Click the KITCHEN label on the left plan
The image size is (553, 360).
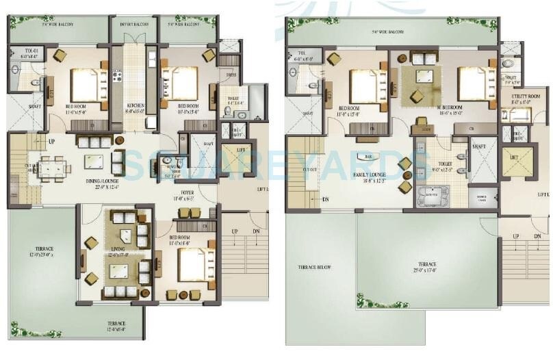(x=134, y=105)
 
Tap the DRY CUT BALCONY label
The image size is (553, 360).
(x=134, y=24)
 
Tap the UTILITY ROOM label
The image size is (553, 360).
(x=525, y=98)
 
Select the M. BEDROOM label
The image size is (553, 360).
(x=450, y=107)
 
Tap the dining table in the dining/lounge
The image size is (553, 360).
(x=53, y=167)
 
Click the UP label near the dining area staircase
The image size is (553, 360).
(x=51, y=142)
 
